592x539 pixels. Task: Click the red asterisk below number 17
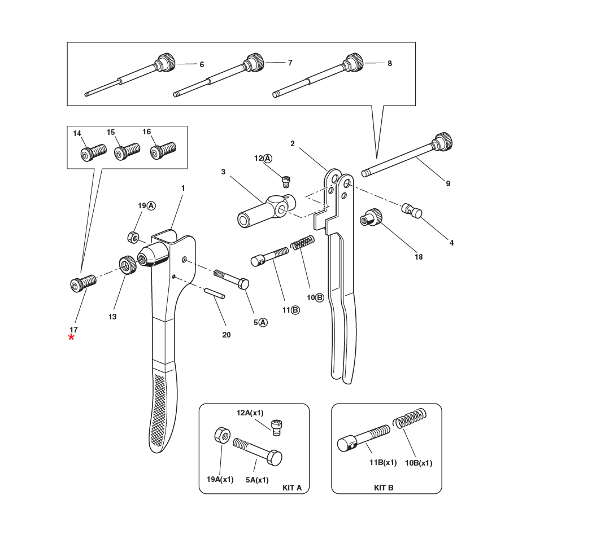tap(71, 338)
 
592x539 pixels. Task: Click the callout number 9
tap(448, 183)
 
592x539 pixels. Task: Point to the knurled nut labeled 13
tap(128, 264)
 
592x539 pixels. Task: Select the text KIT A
tap(291, 488)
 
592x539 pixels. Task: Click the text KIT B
tap(384, 488)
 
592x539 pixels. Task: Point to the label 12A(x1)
tap(250, 413)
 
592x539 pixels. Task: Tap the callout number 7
tap(290, 63)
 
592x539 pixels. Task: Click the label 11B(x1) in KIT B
tap(383, 463)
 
